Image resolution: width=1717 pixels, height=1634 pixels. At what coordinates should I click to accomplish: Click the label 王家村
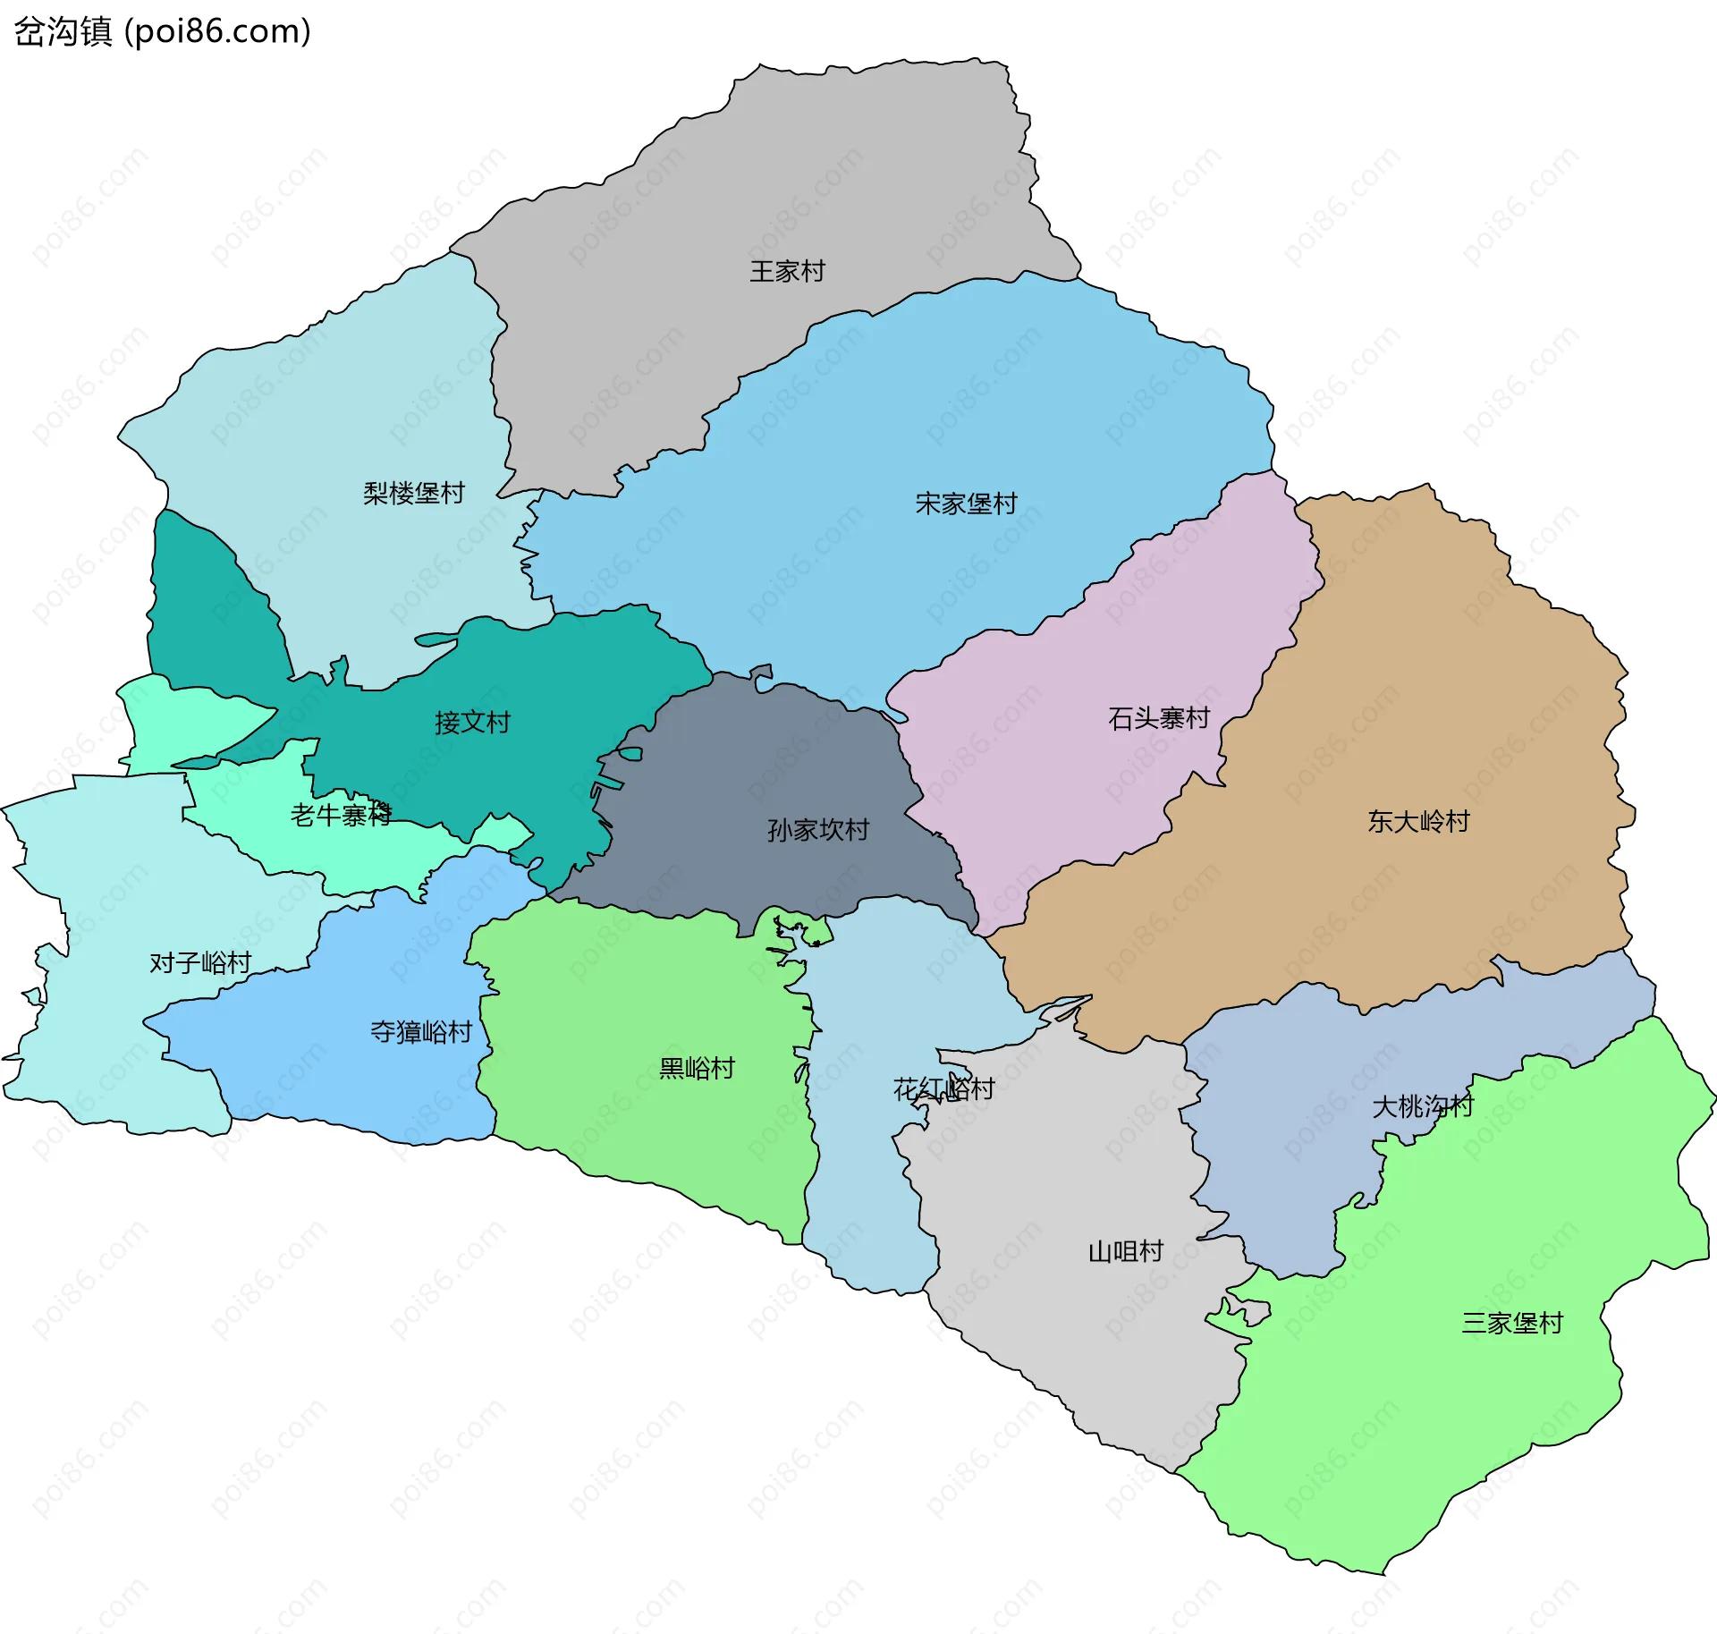click(787, 271)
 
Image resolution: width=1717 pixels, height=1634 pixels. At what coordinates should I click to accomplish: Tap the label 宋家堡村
click(966, 504)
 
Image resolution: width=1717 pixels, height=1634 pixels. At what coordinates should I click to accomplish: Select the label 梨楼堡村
click(414, 493)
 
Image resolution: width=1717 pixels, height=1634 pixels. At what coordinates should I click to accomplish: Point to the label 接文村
click(472, 722)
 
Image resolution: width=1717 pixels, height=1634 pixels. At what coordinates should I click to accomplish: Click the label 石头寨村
click(1159, 718)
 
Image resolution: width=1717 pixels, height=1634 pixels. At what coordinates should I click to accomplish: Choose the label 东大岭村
click(1418, 821)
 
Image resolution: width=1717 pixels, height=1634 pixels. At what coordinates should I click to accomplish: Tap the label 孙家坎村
click(818, 830)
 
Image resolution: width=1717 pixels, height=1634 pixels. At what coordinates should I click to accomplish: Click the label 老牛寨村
click(341, 815)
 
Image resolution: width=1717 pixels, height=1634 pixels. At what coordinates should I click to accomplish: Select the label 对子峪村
click(200, 962)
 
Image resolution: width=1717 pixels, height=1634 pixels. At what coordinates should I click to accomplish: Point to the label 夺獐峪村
click(421, 1032)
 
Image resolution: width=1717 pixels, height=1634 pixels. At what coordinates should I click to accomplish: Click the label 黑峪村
click(697, 1068)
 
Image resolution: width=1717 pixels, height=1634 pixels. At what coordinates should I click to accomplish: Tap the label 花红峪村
click(943, 1088)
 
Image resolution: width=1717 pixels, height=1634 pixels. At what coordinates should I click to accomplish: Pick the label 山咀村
click(1126, 1251)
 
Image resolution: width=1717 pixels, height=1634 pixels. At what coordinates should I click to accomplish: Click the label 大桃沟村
click(1423, 1106)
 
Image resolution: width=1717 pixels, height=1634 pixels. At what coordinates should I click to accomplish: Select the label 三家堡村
click(1512, 1323)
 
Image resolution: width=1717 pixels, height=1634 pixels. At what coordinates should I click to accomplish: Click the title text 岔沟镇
click(63, 31)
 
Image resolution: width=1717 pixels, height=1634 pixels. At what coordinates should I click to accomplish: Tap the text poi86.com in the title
click(217, 31)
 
